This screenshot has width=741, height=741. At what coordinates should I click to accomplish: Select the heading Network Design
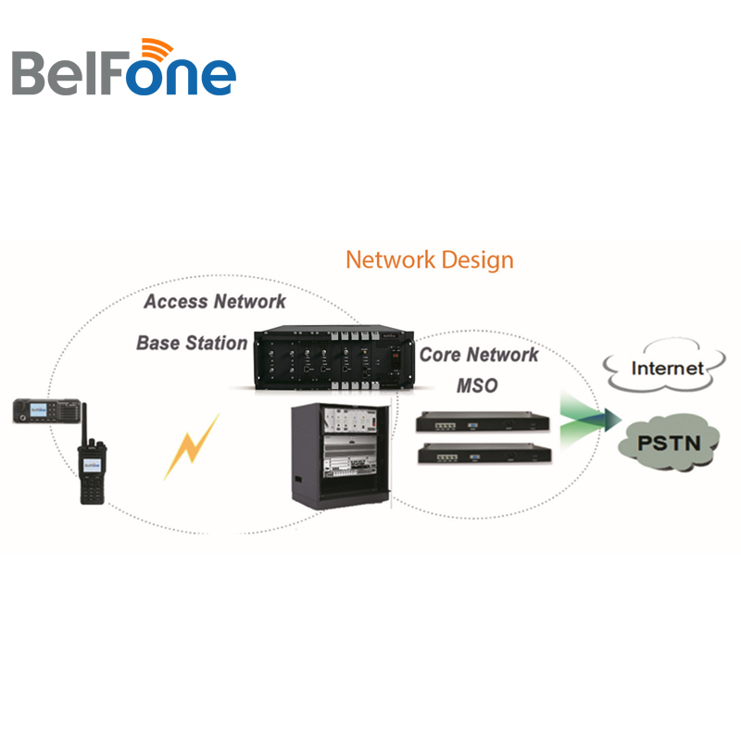[x=429, y=259]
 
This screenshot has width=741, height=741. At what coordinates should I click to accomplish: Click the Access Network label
[x=215, y=302]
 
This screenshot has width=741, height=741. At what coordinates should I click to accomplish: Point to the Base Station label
[x=192, y=343]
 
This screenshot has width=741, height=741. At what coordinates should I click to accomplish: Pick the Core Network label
[x=478, y=355]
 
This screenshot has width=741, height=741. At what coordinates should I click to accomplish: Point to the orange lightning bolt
[x=193, y=446]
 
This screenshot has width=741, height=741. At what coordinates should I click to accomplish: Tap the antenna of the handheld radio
[x=83, y=421]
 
